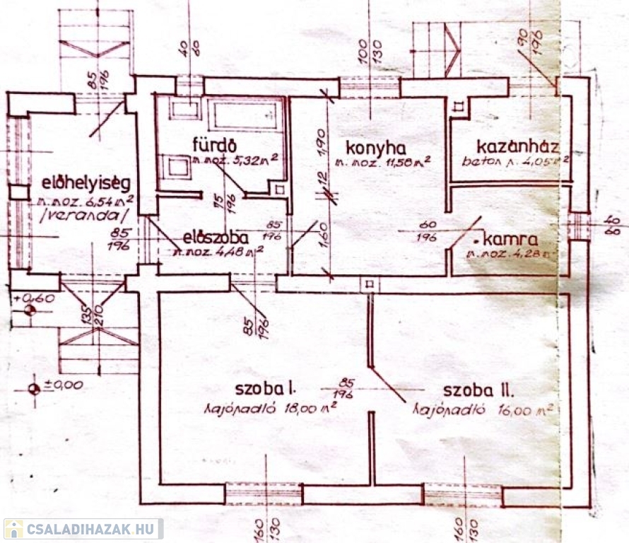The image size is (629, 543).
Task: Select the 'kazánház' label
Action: [518, 147]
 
